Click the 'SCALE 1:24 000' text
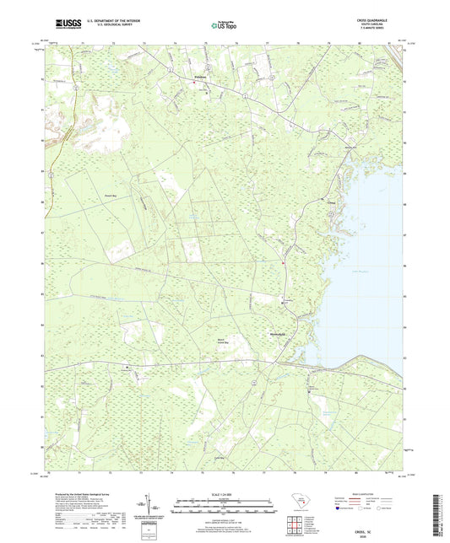[225, 493]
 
